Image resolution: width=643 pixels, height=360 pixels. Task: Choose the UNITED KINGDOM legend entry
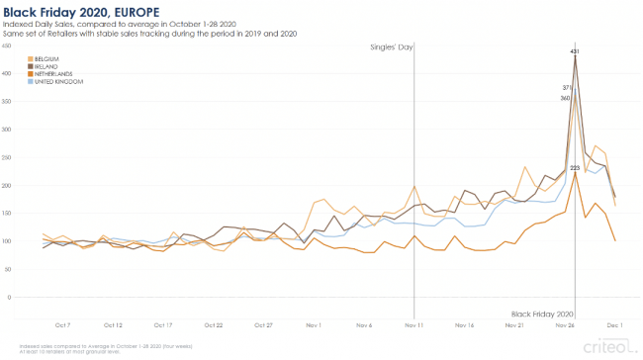(55, 81)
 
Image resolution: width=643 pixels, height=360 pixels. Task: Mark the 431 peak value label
(575, 49)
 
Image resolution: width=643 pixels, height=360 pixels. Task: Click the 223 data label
(575, 168)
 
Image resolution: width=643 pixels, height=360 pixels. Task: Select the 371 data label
(567, 88)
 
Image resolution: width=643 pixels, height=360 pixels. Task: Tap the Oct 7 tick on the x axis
(62, 324)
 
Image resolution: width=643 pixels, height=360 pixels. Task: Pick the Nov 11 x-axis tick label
(414, 324)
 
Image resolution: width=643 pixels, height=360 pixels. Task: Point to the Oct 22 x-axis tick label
(214, 324)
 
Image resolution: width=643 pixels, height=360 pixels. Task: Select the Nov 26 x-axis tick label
(566, 324)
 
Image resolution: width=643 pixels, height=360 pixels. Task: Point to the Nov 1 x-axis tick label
(314, 324)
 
